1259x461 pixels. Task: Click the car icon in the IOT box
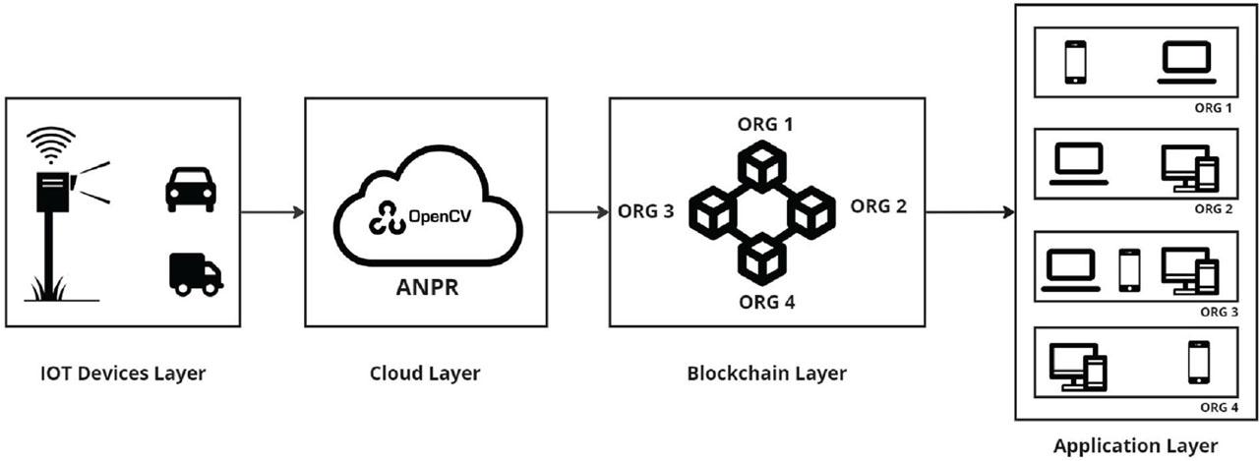(x=191, y=189)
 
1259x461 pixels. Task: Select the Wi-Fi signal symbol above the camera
(x=50, y=146)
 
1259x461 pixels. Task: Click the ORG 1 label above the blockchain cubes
(x=765, y=125)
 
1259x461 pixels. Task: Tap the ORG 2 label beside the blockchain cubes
(x=877, y=206)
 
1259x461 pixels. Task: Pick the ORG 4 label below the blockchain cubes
(x=765, y=301)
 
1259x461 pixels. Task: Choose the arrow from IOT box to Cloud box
(x=272, y=211)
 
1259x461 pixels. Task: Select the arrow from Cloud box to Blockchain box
(x=577, y=211)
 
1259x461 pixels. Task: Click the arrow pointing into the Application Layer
(x=969, y=211)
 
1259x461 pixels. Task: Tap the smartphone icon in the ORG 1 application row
(x=1075, y=61)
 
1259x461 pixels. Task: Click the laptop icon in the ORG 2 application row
(x=1080, y=164)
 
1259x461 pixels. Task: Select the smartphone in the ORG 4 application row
(x=1197, y=361)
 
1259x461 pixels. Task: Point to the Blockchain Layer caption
(x=767, y=374)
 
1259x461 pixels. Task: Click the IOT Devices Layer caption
(x=123, y=374)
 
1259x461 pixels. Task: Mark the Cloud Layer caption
(x=425, y=374)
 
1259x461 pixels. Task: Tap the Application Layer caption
(x=1135, y=445)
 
